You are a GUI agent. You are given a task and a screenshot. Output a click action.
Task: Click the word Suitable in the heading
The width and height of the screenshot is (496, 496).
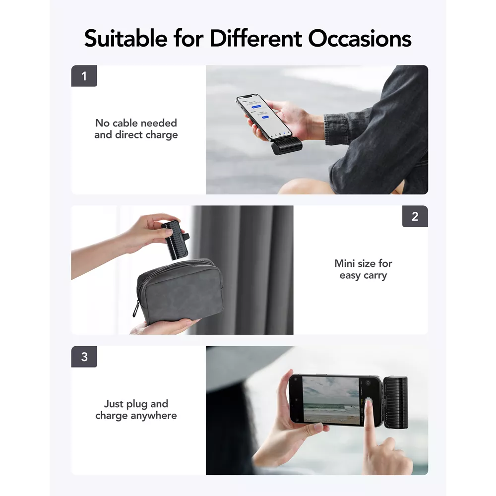click(125, 38)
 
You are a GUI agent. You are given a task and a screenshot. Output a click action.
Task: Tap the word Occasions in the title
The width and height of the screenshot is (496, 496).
click(360, 38)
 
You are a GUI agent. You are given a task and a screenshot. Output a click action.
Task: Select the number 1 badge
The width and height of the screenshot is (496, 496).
click(84, 76)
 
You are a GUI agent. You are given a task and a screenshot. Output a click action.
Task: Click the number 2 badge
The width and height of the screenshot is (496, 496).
click(415, 216)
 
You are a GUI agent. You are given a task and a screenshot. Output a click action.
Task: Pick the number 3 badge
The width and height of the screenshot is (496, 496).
click(84, 357)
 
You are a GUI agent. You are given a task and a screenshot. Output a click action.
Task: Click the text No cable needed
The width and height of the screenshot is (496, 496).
click(136, 123)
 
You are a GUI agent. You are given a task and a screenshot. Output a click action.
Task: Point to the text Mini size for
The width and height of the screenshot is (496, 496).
click(363, 263)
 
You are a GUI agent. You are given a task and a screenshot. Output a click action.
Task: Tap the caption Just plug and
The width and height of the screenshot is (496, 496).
click(136, 404)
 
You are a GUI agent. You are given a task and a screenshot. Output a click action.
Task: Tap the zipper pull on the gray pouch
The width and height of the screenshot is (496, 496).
click(136, 310)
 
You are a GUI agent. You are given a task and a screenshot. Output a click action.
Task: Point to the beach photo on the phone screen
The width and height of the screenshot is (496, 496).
click(331, 400)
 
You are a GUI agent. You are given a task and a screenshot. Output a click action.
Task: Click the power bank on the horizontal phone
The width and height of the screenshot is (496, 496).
click(395, 402)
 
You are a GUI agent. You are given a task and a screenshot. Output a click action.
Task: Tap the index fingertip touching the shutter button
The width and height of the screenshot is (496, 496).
click(369, 403)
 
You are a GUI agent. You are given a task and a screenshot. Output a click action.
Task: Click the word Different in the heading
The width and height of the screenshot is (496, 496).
click(255, 38)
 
